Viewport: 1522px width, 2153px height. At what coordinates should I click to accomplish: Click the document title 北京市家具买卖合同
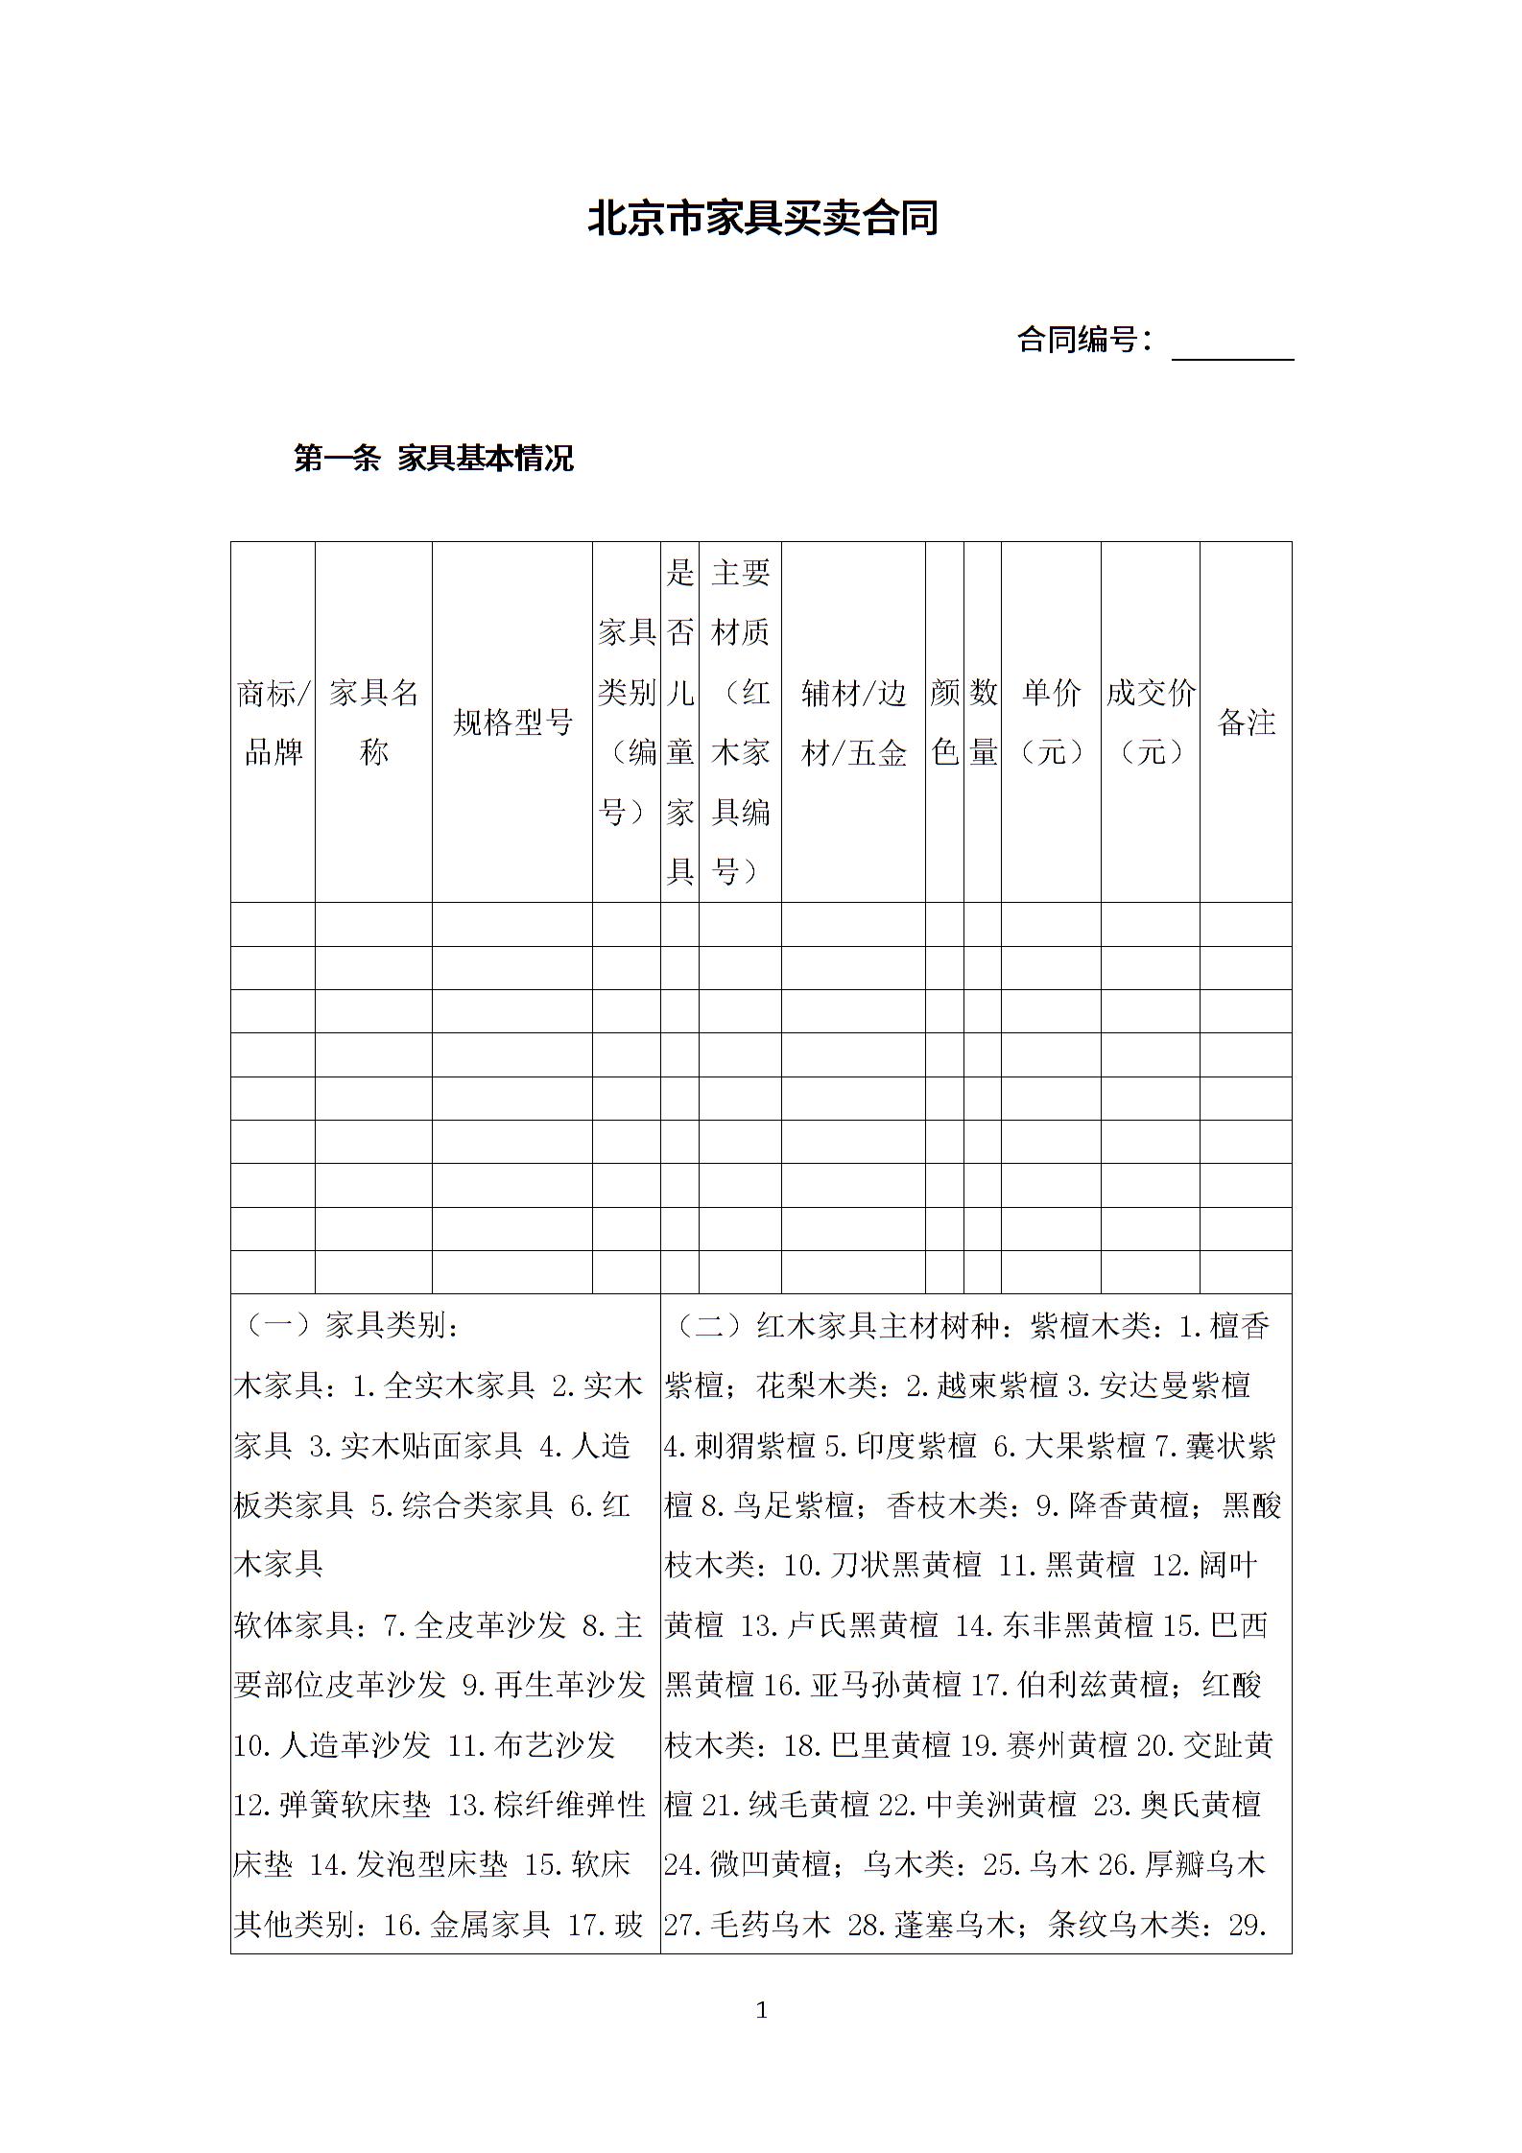coord(762,218)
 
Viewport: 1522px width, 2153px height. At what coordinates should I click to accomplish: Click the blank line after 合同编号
coord(1232,345)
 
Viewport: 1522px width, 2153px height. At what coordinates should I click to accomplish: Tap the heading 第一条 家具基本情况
coord(434,459)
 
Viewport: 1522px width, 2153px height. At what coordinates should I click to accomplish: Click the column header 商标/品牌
coord(273,722)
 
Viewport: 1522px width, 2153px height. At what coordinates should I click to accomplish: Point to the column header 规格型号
coord(511,722)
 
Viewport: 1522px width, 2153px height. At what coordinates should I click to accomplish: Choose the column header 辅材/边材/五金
coord(853,722)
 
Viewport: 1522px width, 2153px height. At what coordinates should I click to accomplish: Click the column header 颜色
coord(944,722)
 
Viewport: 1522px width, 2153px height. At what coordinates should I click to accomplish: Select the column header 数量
coord(983,722)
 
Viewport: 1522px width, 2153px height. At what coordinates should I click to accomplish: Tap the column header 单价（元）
coord(1051,722)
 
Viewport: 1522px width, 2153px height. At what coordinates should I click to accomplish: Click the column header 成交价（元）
coord(1150,722)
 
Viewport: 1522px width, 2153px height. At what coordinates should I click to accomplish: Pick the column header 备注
coord(1246,722)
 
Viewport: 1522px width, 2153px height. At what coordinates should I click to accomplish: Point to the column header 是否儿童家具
coord(679,722)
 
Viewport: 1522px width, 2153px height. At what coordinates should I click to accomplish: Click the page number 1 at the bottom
coord(762,2010)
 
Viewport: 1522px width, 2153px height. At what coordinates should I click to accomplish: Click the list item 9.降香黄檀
coord(1112,1505)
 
